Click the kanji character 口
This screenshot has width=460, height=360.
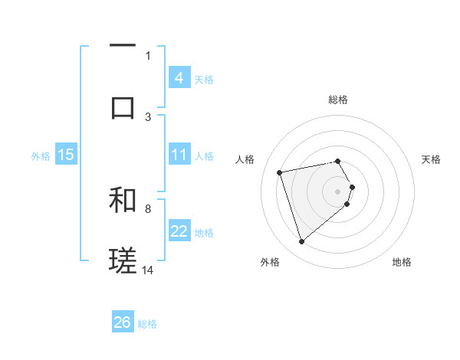point(123,106)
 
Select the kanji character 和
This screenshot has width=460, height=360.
point(123,200)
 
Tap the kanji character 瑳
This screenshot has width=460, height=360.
point(123,260)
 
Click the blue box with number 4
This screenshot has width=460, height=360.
point(179,77)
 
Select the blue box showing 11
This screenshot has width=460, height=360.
point(179,155)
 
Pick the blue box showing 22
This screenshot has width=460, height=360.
point(179,231)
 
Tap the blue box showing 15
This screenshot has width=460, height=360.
point(65,155)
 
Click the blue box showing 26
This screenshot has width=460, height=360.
point(122,322)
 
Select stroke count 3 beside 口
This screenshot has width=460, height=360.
point(148,116)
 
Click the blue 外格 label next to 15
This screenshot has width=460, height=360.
point(41,155)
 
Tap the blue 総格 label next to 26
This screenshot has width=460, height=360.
point(147,324)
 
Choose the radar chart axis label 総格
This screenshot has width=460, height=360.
point(338,100)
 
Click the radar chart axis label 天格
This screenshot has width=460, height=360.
point(432,159)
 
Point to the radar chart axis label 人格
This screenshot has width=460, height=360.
point(245,159)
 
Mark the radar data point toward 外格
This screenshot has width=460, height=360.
point(301,242)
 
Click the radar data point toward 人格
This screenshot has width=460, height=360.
point(280,172)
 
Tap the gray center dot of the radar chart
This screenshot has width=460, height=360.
point(338,191)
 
